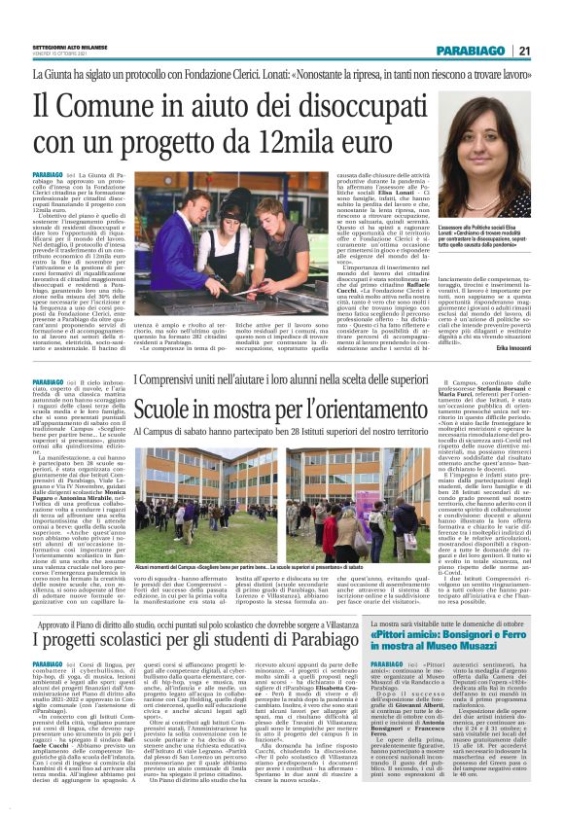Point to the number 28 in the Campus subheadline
point(318,430)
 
